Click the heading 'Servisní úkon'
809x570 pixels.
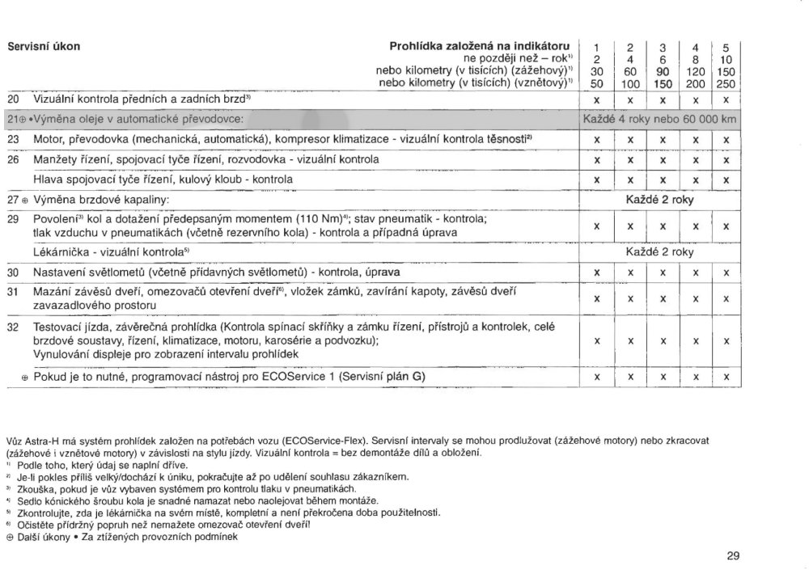point(44,45)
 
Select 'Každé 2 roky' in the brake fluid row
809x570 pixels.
point(660,199)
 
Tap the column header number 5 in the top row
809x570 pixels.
point(726,46)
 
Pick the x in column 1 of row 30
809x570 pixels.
point(596,272)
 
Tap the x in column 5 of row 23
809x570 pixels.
point(726,140)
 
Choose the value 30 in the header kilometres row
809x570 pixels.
point(596,71)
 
